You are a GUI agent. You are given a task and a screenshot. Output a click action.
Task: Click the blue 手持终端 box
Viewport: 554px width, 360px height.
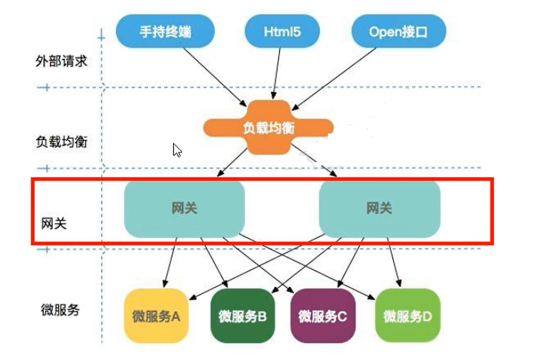point(165,32)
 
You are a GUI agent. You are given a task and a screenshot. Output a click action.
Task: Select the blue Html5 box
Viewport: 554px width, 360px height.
point(282,32)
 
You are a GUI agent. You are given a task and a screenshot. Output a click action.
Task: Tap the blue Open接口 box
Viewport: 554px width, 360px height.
point(398,32)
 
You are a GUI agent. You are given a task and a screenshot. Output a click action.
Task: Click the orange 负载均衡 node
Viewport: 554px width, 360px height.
point(268,128)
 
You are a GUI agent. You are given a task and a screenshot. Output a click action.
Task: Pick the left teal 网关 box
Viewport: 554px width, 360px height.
point(184,209)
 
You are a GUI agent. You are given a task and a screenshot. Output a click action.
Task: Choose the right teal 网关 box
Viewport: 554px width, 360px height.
point(379,209)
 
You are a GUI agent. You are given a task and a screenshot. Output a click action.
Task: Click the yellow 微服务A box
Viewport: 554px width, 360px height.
point(156,316)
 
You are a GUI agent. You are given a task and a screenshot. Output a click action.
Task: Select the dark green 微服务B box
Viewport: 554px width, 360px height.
point(242,316)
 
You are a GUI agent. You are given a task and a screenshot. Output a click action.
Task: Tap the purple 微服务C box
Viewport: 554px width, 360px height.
point(323,316)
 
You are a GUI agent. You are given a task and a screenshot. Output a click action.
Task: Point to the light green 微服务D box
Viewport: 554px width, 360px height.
point(407,316)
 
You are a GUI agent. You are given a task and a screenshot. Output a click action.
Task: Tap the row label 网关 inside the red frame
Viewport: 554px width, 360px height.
point(54,223)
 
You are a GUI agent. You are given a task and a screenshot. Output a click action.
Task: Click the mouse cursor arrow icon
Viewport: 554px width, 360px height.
point(177,150)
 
